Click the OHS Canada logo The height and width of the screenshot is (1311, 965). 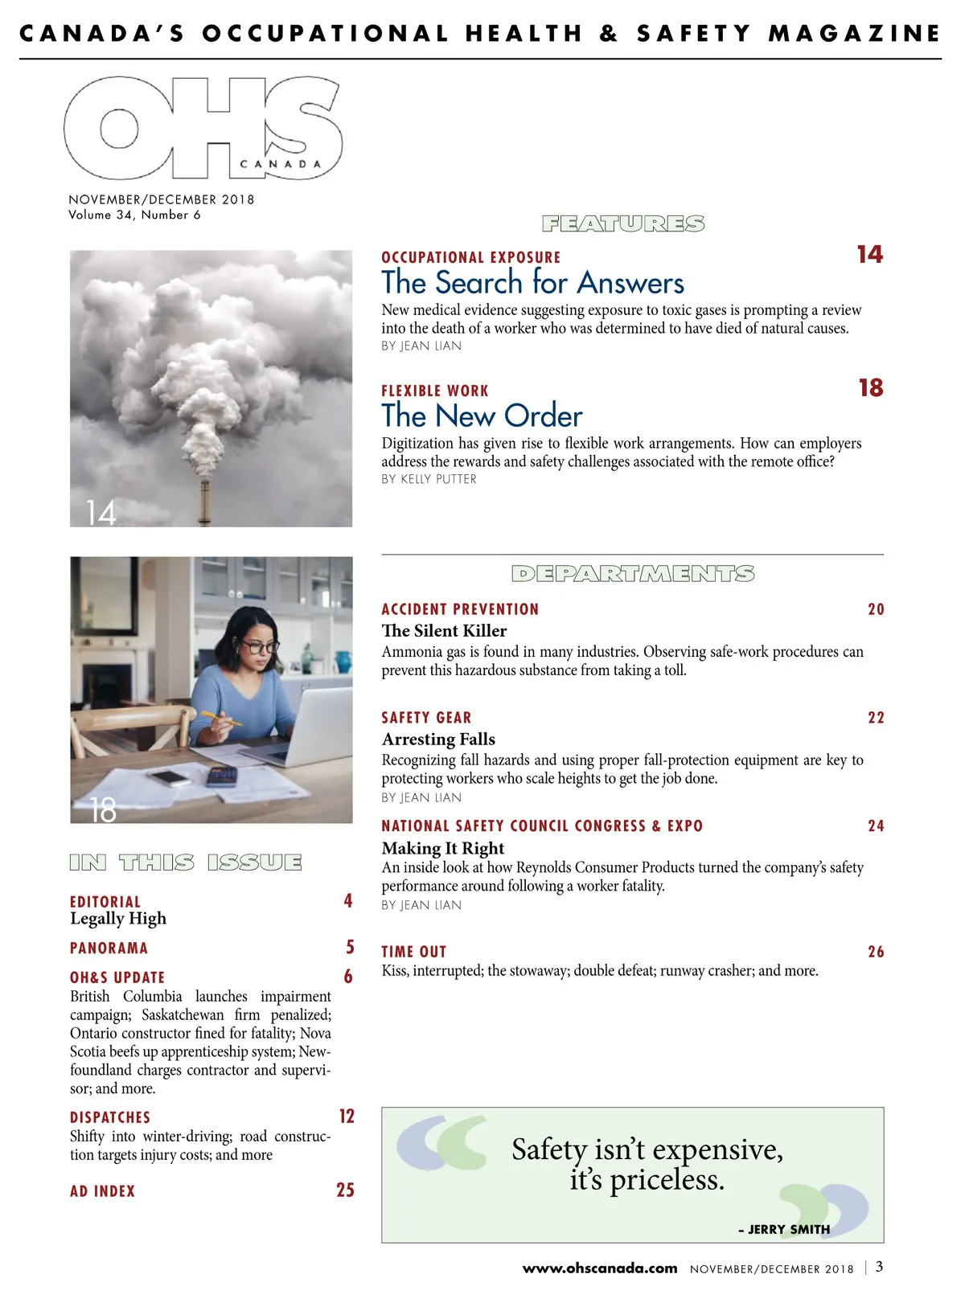coord(203,128)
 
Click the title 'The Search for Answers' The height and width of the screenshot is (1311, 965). coord(532,283)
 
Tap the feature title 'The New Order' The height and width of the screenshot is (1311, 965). coord(482,416)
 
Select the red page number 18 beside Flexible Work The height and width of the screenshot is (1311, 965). coord(870,388)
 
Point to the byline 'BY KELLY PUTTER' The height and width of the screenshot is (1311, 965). coord(429,479)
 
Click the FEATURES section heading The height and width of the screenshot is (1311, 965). coord(623,223)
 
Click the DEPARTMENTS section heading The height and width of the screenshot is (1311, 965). coord(633,574)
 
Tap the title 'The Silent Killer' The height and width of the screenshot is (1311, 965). coord(444,631)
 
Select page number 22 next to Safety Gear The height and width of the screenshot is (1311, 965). coord(876,718)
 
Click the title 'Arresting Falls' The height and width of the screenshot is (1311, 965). coord(438,739)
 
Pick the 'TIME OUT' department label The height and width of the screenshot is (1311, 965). coord(413,952)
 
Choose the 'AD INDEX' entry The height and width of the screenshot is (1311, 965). coord(102,1191)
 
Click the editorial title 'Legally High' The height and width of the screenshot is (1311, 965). coord(118,919)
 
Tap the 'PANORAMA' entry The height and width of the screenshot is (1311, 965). coord(109,948)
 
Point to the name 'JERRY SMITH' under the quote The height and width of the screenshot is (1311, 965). coord(788,1229)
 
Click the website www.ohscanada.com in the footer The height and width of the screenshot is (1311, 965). coord(600,1268)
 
